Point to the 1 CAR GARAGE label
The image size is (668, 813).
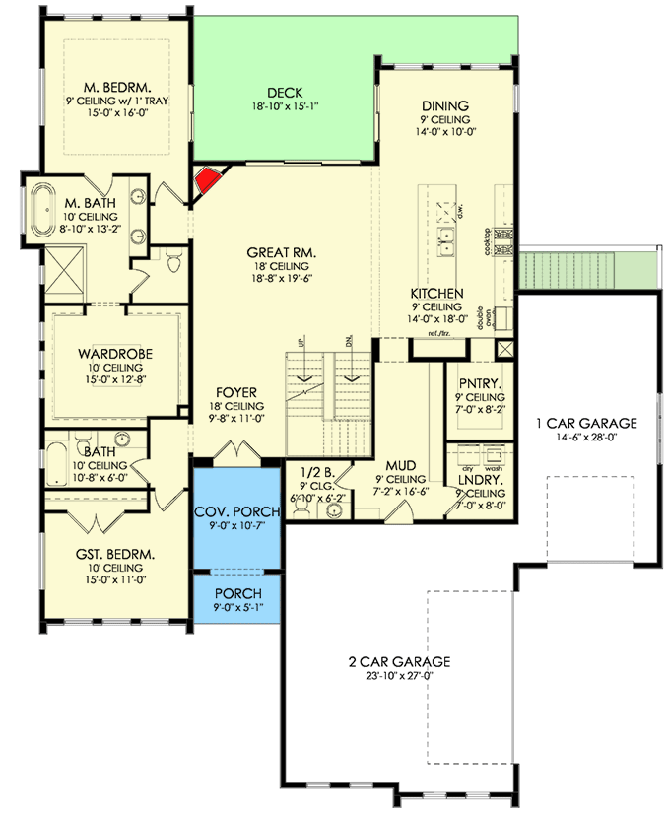click(586, 423)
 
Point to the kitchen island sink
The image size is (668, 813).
click(446, 237)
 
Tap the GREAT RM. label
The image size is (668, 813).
click(279, 252)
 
